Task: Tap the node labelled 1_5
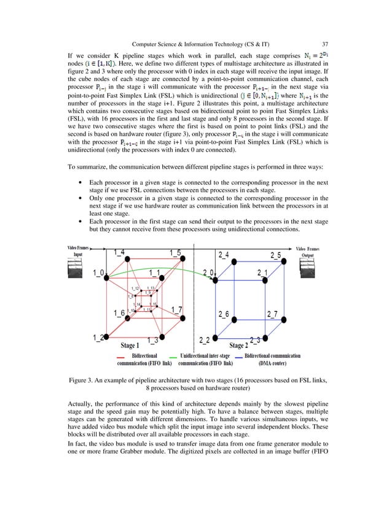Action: (174, 253)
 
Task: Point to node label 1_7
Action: (176, 309)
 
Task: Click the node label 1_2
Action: (98, 338)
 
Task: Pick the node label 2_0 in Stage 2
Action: (208, 273)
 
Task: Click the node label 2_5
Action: (275, 254)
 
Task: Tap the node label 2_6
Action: (225, 314)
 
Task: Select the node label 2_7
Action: (272, 314)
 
